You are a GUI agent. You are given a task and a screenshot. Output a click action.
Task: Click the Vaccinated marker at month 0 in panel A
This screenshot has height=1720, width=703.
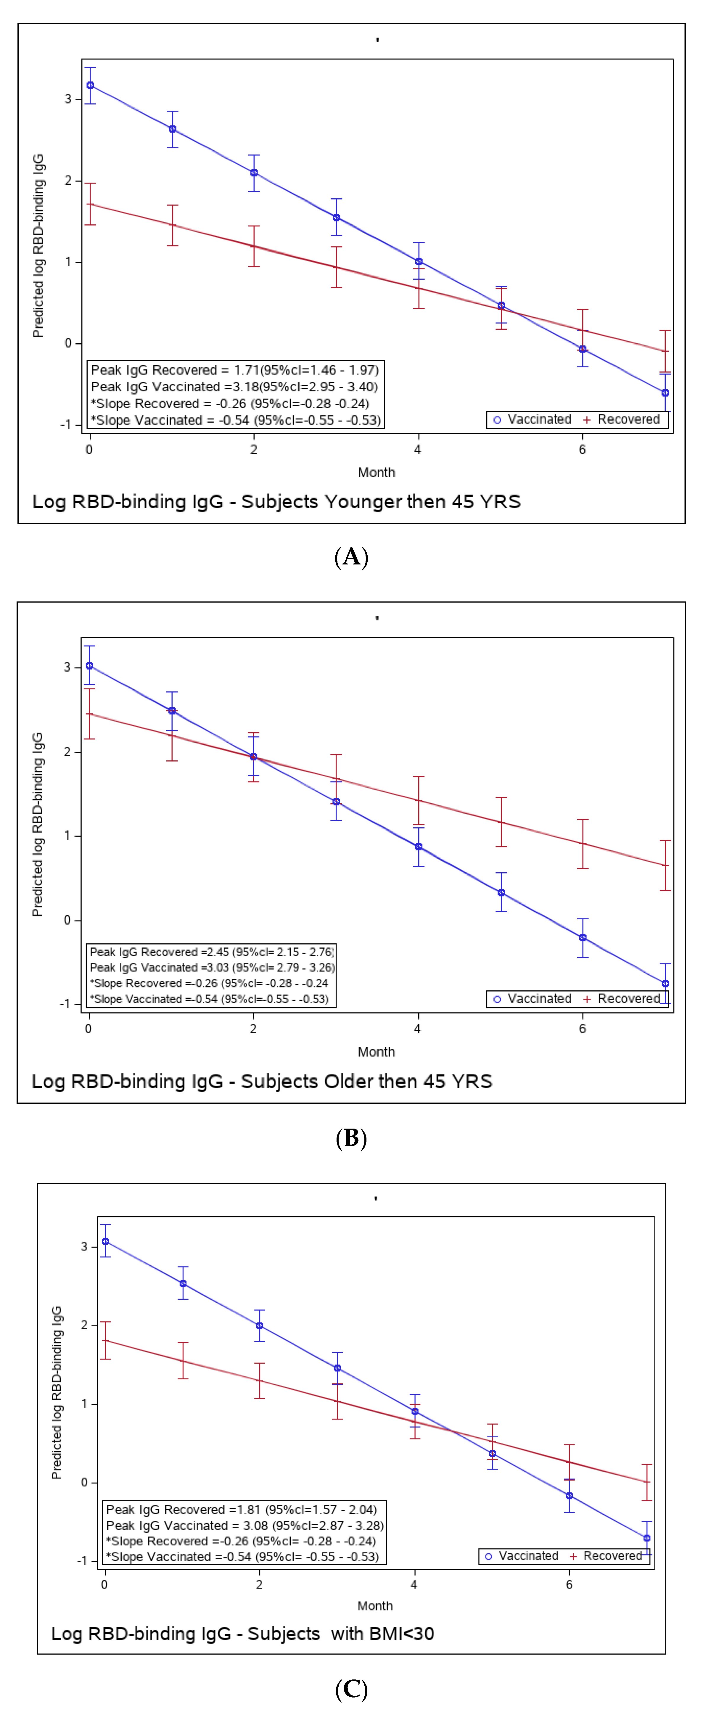coord(90,86)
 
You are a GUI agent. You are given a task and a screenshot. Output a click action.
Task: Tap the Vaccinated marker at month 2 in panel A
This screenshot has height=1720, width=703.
coord(254,173)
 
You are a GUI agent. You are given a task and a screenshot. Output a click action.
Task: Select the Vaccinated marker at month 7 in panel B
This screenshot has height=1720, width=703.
coord(665,984)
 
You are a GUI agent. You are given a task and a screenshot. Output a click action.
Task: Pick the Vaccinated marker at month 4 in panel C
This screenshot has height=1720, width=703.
coord(415,1412)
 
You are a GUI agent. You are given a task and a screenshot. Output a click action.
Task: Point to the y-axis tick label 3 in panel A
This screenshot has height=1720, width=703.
coord(67,99)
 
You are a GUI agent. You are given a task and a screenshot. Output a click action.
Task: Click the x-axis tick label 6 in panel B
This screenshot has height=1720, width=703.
coord(582,1029)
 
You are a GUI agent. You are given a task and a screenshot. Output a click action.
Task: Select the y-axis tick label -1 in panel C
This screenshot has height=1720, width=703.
coord(82,1561)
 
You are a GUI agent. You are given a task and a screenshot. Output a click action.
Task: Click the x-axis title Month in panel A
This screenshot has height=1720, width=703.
coord(377,472)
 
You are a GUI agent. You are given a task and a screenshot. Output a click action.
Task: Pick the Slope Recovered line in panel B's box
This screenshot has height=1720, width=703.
coord(209,983)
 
